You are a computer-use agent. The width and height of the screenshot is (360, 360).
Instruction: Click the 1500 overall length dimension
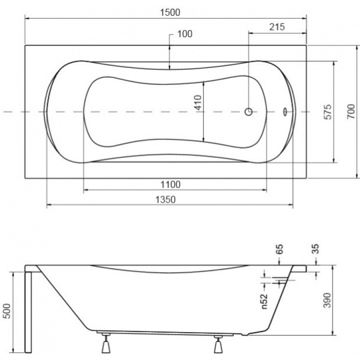[170, 12]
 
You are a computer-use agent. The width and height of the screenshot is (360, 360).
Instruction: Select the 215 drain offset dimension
[277, 27]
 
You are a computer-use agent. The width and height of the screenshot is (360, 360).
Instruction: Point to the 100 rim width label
[185, 34]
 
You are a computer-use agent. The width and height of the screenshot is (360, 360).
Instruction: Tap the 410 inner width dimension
[198, 103]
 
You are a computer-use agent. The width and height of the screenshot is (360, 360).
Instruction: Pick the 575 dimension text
[328, 112]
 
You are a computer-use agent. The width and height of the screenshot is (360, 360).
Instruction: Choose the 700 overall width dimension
[351, 111]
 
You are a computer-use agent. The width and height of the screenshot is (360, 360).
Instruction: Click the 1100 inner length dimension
[171, 184]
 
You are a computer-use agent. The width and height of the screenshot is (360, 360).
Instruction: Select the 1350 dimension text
[166, 199]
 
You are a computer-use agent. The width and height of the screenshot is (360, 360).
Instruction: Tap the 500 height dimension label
[7, 311]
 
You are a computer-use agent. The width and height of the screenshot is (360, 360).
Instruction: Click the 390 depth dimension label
[327, 300]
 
